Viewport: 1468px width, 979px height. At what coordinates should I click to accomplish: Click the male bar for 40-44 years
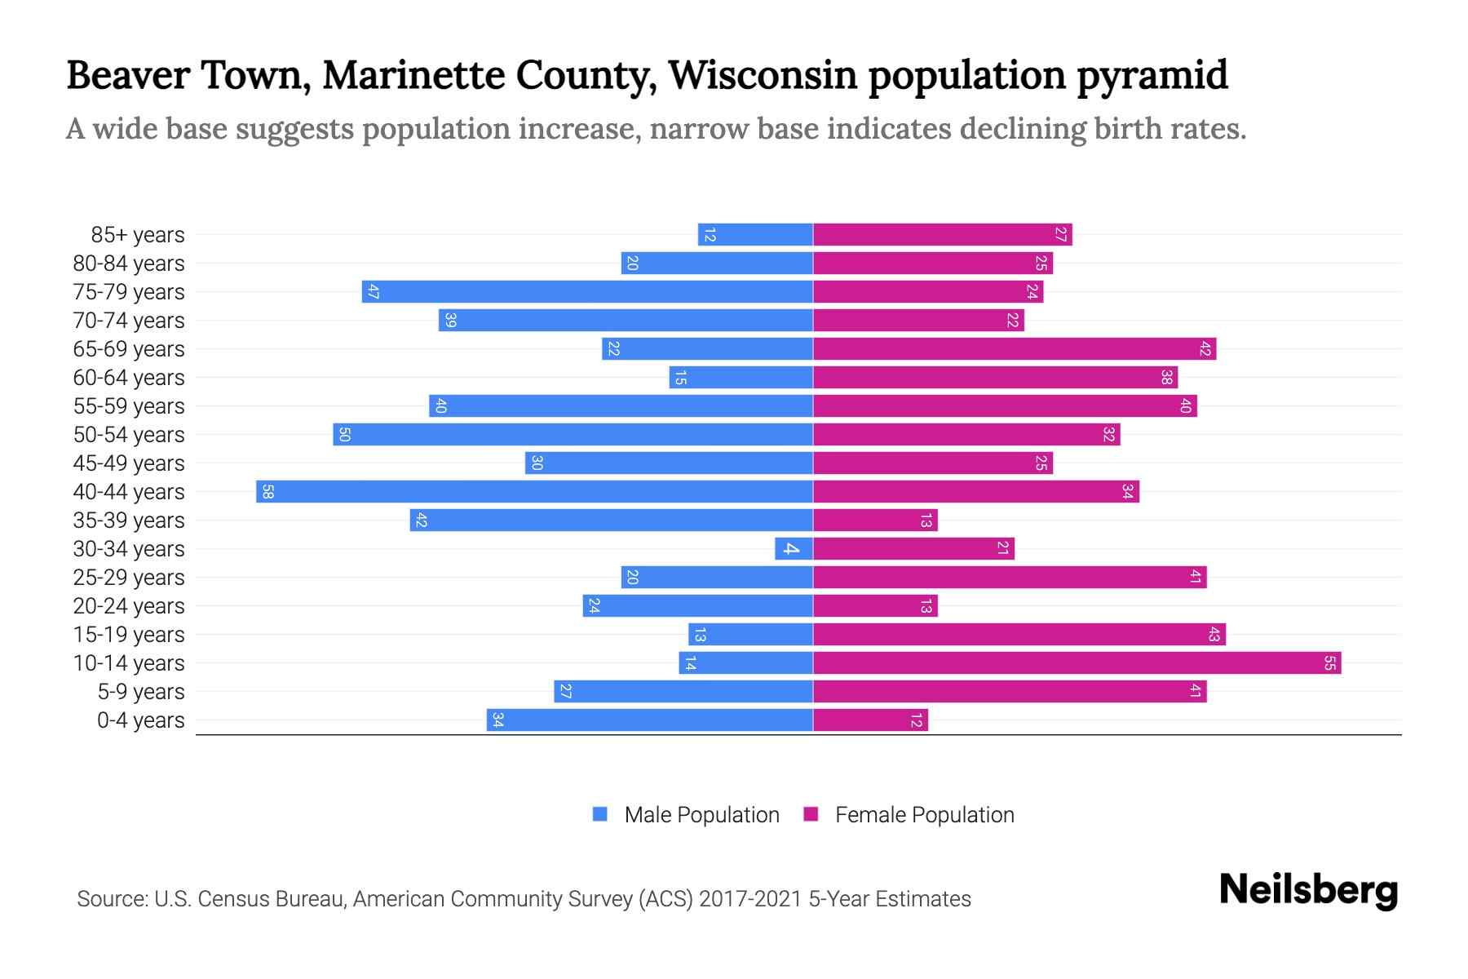tap(534, 492)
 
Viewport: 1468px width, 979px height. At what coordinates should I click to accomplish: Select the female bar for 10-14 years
tap(1077, 663)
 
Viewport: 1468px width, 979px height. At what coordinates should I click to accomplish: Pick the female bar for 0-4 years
tap(870, 720)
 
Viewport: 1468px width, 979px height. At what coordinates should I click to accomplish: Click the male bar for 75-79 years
tap(587, 292)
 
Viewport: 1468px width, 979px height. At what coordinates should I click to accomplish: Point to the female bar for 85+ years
tap(942, 235)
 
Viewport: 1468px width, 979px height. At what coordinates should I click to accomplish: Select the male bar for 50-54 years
tap(573, 435)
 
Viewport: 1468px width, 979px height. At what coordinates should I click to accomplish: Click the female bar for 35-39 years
tap(875, 521)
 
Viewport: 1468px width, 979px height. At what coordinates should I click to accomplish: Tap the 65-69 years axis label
tap(129, 349)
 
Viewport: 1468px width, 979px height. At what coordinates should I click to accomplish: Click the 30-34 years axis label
tap(129, 549)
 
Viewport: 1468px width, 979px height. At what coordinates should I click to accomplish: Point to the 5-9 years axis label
tap(140, 692)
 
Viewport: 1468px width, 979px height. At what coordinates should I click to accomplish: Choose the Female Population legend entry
tap(909, 815)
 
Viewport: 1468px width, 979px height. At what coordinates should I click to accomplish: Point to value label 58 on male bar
tap(267, 492)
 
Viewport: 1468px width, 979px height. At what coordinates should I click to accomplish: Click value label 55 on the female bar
tap(1329, 663)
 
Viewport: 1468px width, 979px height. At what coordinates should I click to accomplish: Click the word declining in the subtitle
tap(1020, 129)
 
